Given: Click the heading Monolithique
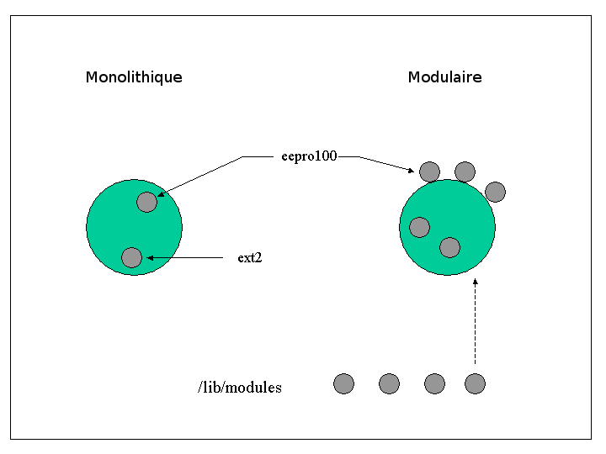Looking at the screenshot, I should click(134, 77).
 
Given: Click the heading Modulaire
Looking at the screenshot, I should click(444, 77).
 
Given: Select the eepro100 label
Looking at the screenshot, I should click(309, 156).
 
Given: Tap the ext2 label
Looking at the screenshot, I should click(250, 258).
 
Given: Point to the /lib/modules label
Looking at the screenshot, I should click(240, 388).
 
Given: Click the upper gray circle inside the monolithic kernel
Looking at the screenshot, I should click(146, 202).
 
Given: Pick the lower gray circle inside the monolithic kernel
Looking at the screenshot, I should click(131, 257).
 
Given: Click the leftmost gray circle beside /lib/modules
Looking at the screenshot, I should click(343, 383).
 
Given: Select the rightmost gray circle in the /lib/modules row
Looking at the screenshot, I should click(476, 383).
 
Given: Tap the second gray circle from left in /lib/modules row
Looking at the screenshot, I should click(389, 383).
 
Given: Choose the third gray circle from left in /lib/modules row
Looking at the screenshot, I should click(434, 383).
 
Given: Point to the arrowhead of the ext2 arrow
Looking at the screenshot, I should click(151, 257).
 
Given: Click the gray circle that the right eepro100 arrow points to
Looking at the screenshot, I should click(429, 172).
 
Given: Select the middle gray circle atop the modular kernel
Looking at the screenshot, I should click(465, 172).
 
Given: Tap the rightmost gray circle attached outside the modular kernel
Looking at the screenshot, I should click(495, 192).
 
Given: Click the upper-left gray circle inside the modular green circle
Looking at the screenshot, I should click(419, 227).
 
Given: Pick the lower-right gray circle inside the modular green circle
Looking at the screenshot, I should click(449, 247).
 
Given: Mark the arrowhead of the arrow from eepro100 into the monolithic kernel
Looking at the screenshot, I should click(161, 194).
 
